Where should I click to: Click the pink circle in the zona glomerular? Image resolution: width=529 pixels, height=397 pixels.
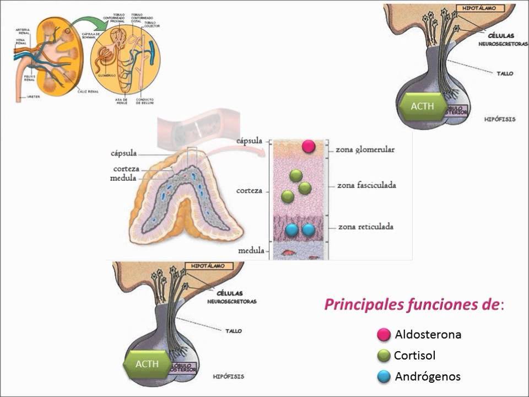coord(309,146)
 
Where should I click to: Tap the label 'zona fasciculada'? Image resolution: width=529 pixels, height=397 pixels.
coord(367,185)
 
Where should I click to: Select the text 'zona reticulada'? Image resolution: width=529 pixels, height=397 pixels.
coord(366,227)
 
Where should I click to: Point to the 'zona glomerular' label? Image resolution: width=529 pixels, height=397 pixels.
coord(366,149)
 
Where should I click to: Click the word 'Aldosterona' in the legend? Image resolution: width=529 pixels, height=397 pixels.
coord(428,334)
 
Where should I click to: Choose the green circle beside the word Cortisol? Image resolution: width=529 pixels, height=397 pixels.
coord(384,356)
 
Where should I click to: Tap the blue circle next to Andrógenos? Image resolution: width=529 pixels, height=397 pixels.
coord(384,377)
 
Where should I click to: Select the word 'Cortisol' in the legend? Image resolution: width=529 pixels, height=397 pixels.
coord(414,356)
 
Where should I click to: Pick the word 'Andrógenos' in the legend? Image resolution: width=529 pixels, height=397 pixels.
coord(428,377)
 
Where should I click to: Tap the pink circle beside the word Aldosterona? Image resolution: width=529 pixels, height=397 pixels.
coord(384,334)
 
